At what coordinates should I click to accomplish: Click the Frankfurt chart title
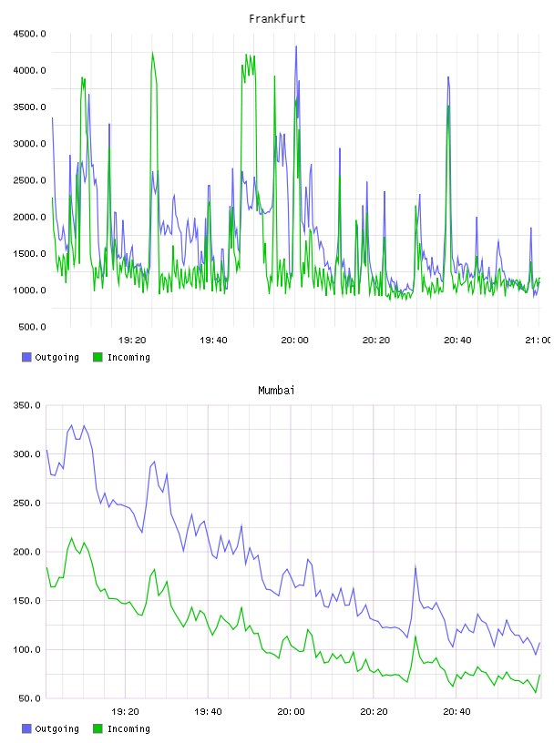click(277, 18)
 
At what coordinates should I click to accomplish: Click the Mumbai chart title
click(276, 390)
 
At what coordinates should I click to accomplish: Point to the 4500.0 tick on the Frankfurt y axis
click(30, 34)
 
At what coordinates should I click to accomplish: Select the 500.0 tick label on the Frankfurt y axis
click(32, 327)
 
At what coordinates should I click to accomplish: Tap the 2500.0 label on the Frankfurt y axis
click(30, 180)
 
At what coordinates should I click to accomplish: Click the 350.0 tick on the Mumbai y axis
click(27, 405)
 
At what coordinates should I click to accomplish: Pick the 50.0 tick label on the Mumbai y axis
click(29, 698)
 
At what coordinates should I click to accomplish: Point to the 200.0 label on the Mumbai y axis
click(27, 552)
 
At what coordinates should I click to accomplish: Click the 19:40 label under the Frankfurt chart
click(213, 340)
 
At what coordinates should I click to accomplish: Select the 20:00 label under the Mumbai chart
click(291, 711)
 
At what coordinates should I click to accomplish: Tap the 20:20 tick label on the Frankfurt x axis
click(376, 340)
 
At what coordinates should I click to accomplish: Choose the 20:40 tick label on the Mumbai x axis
click(457, 711)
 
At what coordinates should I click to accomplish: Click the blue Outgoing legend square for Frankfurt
click(26, 357)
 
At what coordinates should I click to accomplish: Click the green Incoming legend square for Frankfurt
click(97, 357)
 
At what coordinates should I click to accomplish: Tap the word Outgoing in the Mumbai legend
click(56, 728)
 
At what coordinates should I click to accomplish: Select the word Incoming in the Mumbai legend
click(128, 728)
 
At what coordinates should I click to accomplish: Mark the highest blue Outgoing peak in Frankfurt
click(296, 46)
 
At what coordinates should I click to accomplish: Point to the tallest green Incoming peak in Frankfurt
click(152, 53)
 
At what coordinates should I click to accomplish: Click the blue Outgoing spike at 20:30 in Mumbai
click(415, 566)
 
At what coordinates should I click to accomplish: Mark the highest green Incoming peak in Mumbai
click(72, 538)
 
